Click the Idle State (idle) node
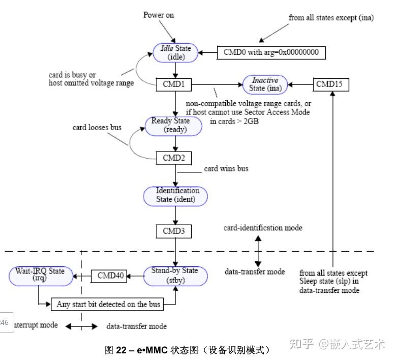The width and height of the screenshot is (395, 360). pyautogui.click(x=175, y=52)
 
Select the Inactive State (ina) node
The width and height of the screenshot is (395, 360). pyautogui.click(x=264, y=84)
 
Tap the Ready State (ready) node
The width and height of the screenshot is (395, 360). pyautogui.click(x=175, y=125)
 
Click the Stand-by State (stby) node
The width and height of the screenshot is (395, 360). pyautogui.click(x=175, y=275)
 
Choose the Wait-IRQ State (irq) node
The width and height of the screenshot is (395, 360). pyautogui.click(x=40, y=275)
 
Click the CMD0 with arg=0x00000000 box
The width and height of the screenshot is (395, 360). pyautogui.click(x=271, y=52)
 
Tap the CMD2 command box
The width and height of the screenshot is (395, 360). pyautogui.click(x=174, y=158)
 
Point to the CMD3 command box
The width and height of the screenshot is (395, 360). pyautogui.click(x=174, y=231)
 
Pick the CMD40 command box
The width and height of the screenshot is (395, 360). pyautogui.click(x=109, y=276)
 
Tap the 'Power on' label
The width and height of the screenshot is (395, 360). pyautogui.click(x=158, y=15)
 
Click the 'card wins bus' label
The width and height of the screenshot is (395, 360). pyautogui.click(x=226, y=168)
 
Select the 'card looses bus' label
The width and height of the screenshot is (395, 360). pyautogui.click(x=97, y=127)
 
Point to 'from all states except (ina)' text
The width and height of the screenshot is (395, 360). pyautogui.click(x=331, y=17)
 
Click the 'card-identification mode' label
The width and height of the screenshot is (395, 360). pyautogui.click(x=263, y=228)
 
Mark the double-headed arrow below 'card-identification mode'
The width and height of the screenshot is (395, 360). pyautogui.click(x=258, y=250)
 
